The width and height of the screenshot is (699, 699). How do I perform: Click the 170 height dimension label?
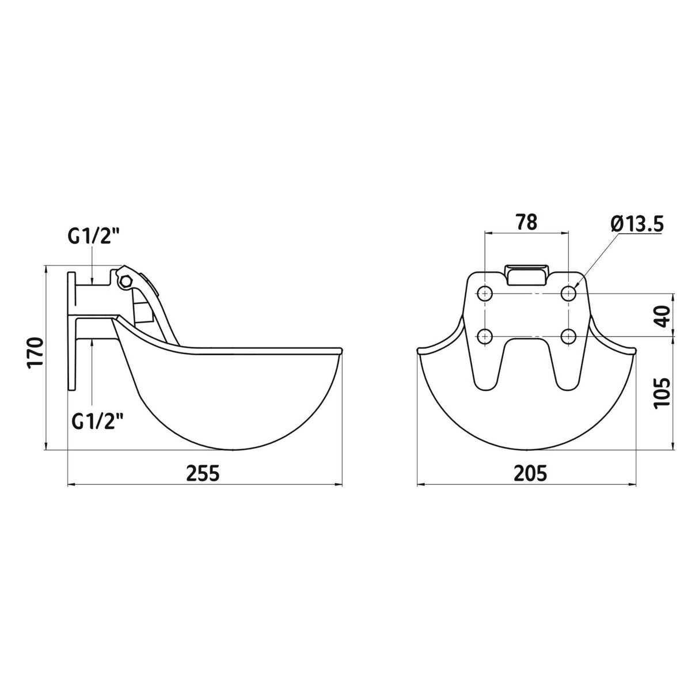click(35, 352)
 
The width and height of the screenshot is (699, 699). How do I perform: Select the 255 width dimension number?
click(203, 473)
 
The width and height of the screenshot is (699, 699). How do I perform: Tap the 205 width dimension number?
click(530, 473)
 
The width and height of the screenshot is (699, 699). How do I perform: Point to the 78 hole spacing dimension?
click(526, 222)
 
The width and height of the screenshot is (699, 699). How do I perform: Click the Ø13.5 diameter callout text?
click(637, 224)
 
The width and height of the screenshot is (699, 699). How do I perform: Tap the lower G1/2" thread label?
click(97, 421)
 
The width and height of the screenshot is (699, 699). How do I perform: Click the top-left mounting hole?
click(485, 293)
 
